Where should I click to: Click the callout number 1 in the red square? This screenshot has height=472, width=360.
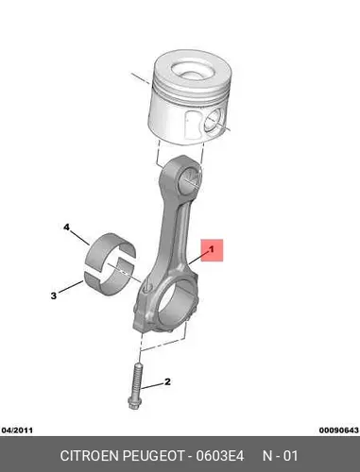click(212, 249)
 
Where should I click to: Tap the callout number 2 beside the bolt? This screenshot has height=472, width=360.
click(167, 382)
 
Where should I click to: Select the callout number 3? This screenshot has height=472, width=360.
click(54, 295)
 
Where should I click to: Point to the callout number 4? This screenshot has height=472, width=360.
click(66, 227)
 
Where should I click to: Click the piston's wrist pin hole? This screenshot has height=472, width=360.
click(214, 121)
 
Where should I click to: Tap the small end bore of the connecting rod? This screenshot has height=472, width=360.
click(190, 178)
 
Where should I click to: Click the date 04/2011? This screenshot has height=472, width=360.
click(17, 430)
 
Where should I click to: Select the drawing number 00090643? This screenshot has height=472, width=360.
click(339, 430)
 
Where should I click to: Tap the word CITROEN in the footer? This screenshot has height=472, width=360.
click(89, 456)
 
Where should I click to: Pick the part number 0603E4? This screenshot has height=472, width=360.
click(220, 456)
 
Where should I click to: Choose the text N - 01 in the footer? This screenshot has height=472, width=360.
click(281, 456)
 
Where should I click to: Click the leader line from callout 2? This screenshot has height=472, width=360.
click(152, 386)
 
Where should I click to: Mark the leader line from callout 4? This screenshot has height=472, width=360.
click(79, 238)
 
